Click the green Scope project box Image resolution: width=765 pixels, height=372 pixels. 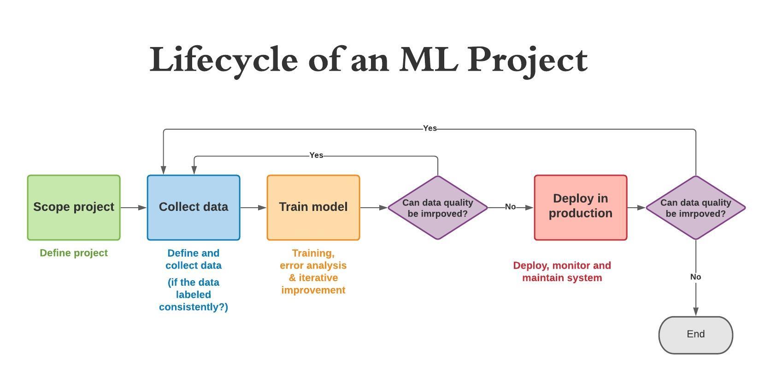(x=74, y=207)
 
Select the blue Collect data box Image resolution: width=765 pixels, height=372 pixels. (x=194, y=207)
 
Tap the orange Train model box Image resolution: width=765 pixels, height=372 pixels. (x=313, y=207)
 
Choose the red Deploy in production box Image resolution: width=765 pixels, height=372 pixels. (x=581, y=207)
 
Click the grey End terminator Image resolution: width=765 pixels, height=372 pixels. (x=695, y=335)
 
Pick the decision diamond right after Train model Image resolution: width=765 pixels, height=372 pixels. (x=438, y=208)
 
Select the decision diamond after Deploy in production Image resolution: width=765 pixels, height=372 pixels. (x=695, y=208)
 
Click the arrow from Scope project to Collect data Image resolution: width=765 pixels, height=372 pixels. (x=134, y=208)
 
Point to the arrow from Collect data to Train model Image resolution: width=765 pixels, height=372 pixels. (x=253, y=208)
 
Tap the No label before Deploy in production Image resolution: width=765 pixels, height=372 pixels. (x=510, y=207)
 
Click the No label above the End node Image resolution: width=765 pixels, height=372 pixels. (x=695, y=277)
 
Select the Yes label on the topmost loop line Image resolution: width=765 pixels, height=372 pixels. (x=430, y=128)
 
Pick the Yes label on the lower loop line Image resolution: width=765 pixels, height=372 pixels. (x=316, y=156)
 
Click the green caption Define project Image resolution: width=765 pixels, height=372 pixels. (x=74, y=253)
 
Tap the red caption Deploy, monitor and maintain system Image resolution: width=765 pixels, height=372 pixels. (x=562, y=271)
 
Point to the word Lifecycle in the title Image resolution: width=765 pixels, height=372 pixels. (x=224, y=60)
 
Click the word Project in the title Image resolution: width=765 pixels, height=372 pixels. (x=528, y=60)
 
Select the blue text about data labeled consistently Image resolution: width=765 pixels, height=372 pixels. (x=194, y=294)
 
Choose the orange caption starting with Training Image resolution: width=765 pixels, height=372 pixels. (x=313, y=271)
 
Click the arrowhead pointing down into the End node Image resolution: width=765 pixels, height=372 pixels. (x=695, y=312)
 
